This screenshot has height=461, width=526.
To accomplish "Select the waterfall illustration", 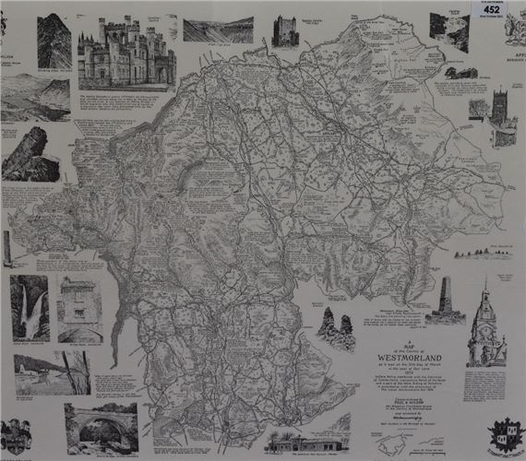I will click(x=30, y=309).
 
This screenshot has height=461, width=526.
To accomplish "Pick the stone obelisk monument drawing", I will click(x=444, y=301).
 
